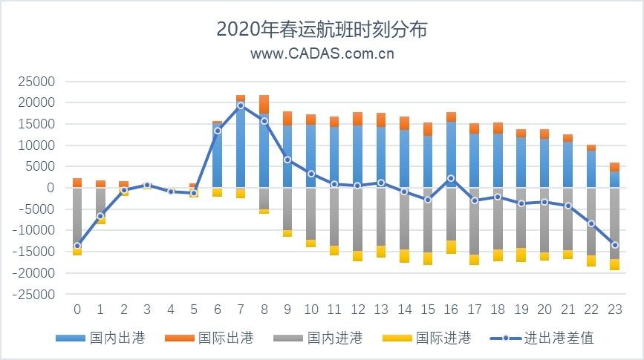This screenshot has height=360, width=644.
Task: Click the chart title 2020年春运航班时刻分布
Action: coord(322,29)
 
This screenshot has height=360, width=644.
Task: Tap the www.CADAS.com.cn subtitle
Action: coord(322,53)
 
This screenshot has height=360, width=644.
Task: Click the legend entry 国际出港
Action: coord(225,338)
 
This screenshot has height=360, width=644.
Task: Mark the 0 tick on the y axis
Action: coord(51,188)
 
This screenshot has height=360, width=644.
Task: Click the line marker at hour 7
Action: coord(241,105)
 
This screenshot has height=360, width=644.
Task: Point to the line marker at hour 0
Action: coord(77,246)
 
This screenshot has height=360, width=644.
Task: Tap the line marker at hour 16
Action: coord(451,178)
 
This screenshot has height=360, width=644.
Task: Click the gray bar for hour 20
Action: coord(544,220)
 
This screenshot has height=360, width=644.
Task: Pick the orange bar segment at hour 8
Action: coord(264,104)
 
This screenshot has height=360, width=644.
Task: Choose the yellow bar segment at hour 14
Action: coord(404,256)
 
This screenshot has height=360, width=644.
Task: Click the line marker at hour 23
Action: coord(615,245)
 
